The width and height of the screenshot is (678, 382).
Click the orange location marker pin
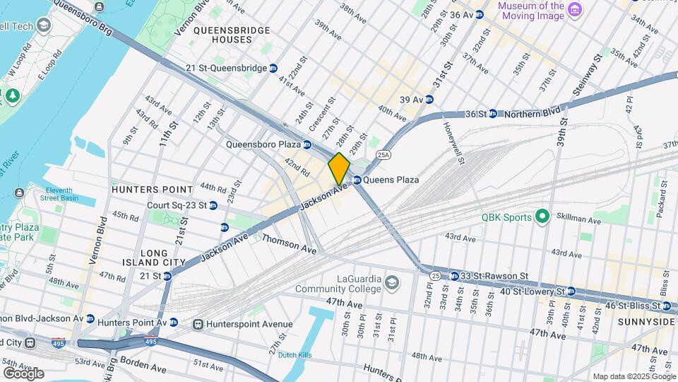[x=339, y=168]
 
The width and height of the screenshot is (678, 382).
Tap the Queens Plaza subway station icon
[x=357, y=180]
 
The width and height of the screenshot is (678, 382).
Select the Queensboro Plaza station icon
[x=307, y=144]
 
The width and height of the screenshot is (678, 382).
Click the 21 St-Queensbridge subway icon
[x=273, y=69]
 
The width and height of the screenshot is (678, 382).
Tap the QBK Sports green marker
[x=542, y=217]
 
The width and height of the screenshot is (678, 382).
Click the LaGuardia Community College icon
[x=391, y=284]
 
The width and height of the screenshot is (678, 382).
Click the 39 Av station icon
[x=428, y=100]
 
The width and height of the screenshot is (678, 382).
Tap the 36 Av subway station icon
[x=479, y=14]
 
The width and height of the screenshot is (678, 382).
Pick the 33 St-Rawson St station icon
[x=455, y=276]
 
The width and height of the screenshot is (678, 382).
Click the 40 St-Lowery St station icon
[x=570, y=291]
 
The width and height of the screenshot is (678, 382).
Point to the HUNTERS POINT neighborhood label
[x=153, y=190]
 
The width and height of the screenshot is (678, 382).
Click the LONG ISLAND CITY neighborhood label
[x=153, y=257]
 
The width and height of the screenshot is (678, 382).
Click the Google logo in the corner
[x=23, y=373]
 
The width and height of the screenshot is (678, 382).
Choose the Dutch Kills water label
[x=295, y=355]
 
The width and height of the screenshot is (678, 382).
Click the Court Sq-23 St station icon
[x=213, y=205]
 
